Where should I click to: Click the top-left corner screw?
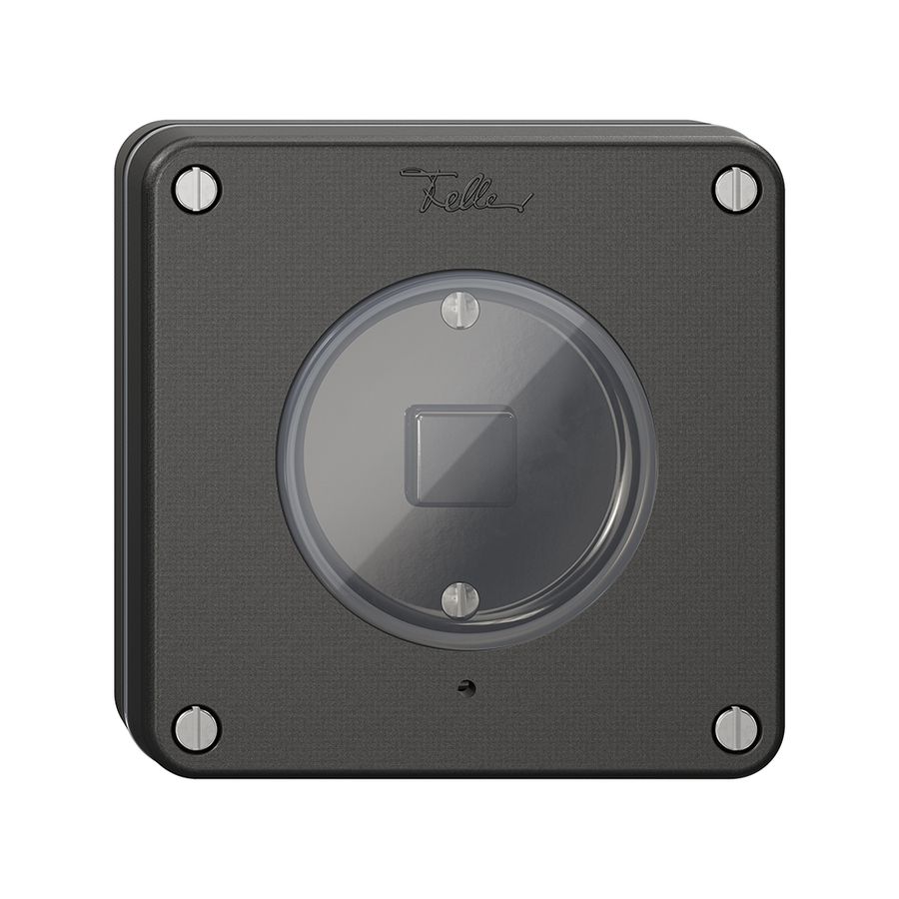(196, 188)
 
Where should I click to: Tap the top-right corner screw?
(737, 188)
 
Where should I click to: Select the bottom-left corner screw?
(196, 727)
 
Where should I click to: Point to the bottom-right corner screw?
(737, 727)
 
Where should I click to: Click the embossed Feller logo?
(465, 190)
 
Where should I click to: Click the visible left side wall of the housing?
(123, 449)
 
